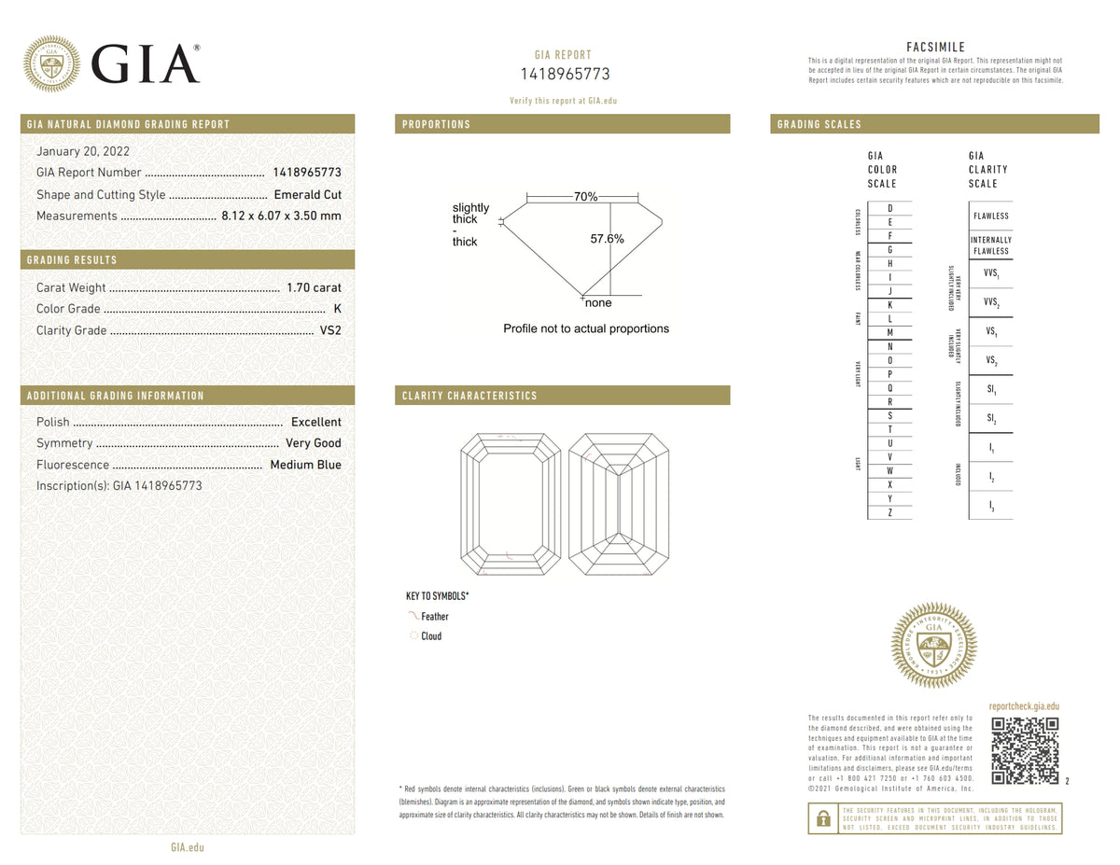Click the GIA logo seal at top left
(x=51, y=63)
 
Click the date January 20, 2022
(x=83, y=151)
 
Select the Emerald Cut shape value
(x=307, y=195)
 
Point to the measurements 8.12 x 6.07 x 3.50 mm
(x=281, y=216)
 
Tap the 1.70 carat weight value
(x=314, y=287)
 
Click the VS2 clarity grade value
(x=330, y=330)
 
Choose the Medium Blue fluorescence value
(x=305, y=465)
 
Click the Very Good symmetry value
(x=314, y=443)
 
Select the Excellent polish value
(x=316, y=422)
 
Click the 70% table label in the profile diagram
(x=586, y=197)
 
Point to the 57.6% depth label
(x=607, y=239)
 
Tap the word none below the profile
(x=597, y=303)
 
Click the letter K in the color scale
(x=889, y=305)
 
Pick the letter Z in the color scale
(x=889, y=512)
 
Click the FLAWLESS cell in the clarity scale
(x=990, y=216)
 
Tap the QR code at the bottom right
(x=1024, y=751)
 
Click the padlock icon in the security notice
(x=822, y=818)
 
